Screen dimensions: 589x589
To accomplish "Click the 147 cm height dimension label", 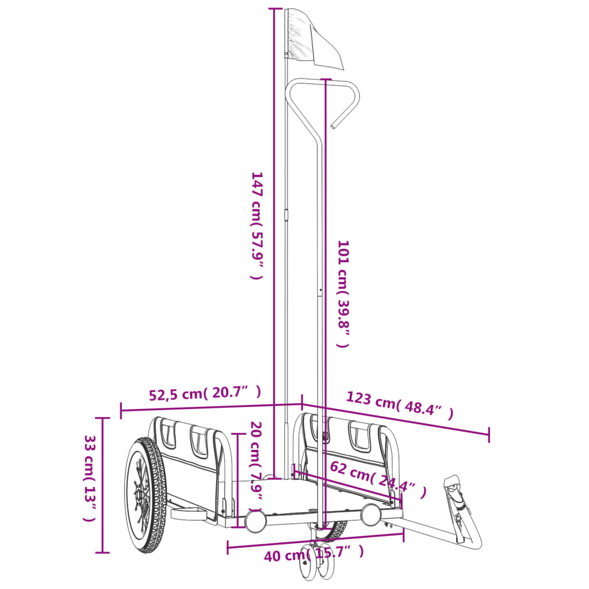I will [257, 225].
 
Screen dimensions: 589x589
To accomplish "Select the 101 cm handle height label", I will [343, 294].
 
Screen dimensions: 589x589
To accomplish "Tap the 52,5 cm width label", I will [205, 394].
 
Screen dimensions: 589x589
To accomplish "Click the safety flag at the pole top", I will [313, 37].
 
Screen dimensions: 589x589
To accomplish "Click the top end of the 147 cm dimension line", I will [275, 9].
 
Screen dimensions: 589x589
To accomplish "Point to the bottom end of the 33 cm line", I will [102, 552].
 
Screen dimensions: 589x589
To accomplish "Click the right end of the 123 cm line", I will [489, 435].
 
